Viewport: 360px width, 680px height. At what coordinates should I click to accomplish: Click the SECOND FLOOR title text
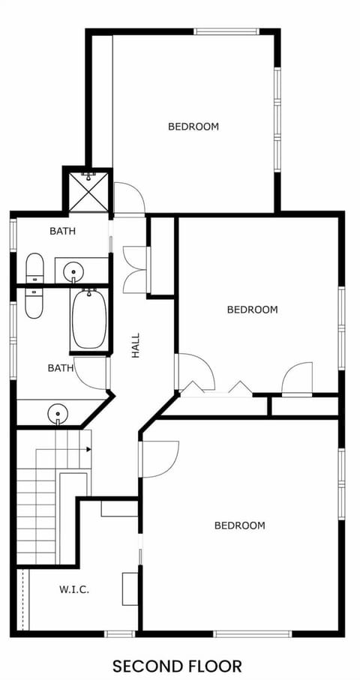point(177,665)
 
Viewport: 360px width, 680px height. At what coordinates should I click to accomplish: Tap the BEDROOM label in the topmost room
point(193,127)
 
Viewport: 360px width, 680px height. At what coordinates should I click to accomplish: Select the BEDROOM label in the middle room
point(252,309)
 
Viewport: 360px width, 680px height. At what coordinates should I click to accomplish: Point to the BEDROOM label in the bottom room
point(239,526)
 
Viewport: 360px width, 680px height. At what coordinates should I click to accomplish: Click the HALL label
point(136,345)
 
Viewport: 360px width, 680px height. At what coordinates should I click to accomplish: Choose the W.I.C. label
point(74,589)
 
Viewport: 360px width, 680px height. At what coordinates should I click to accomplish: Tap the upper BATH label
point(62,231)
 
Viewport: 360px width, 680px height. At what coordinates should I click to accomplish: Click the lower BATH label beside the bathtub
point(61,367)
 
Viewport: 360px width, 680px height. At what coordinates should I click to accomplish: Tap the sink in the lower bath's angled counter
point(56,412)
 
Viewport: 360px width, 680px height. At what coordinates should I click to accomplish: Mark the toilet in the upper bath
point(34,268)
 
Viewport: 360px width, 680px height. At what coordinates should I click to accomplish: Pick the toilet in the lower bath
point(34,301)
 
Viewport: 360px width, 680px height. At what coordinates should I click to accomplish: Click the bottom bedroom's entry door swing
point(159,458)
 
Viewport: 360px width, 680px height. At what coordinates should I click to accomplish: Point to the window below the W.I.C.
point(119,634)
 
